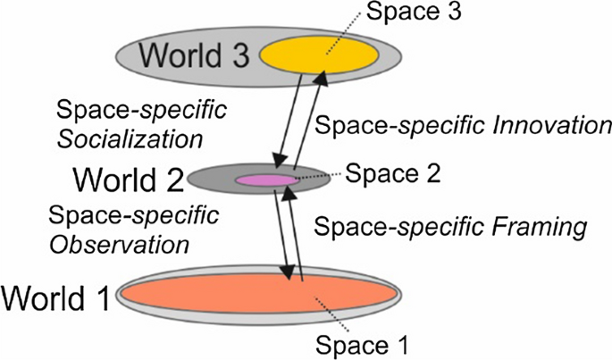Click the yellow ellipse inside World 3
[x=320, y=55]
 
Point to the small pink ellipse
[x=264, y=180]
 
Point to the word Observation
[x=120, y=242]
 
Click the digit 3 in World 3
[x=239, y=54]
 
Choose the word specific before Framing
[x=453, y=228]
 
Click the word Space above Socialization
[x=86, y=113]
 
